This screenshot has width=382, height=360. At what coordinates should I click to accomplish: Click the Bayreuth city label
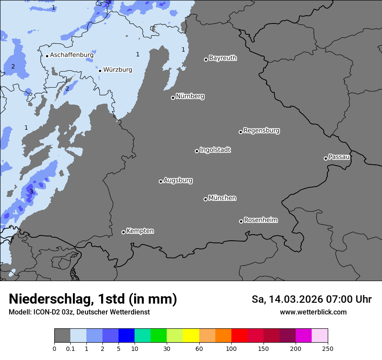pos(223,58)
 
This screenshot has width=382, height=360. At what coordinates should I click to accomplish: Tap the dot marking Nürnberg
pos(173,98)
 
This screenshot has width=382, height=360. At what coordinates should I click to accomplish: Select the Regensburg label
pos(261,130)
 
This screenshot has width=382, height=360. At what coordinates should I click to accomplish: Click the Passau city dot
pos(326,158)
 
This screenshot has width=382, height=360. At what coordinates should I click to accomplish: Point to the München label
pos(222,198)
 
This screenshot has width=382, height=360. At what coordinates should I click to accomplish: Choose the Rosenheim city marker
pos(241,222)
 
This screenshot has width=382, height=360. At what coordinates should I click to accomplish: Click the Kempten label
pos(140,231)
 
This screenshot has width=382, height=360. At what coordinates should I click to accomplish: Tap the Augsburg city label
pos(178,180)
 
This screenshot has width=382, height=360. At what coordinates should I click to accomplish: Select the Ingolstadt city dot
pos(197,151)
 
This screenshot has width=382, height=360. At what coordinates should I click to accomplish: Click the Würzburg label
pos(118,69)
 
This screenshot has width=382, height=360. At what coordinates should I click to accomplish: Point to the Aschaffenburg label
pos(72,55)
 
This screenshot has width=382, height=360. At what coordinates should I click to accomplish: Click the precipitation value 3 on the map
pos(31,191)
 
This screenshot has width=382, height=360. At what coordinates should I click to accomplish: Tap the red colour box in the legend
pos(239,336)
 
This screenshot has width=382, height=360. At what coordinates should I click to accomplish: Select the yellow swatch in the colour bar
pos(191,336)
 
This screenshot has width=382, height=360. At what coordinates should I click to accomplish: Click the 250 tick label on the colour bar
pos(328,348)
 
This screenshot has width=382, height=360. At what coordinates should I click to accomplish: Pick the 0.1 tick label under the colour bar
pos(70,348)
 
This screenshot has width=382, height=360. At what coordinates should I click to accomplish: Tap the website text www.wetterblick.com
pos(313,312)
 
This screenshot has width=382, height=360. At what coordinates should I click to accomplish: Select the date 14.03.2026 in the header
pos(293,299)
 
